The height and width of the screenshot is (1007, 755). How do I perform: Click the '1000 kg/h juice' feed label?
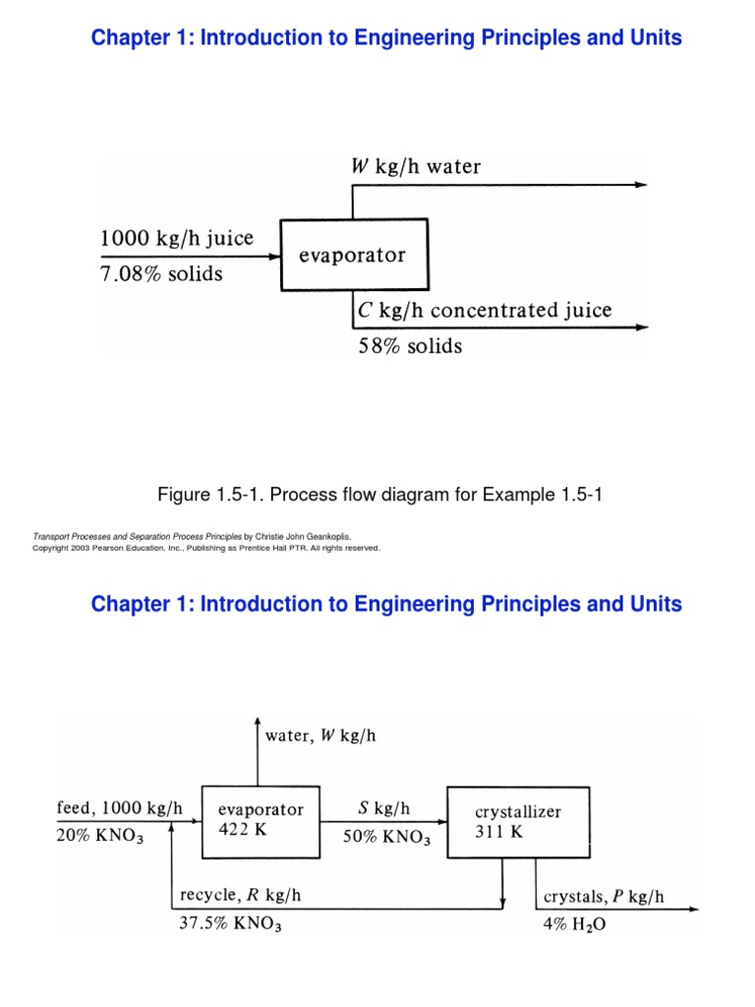tap(177, 238)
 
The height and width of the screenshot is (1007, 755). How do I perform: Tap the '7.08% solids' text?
tap(161, 274)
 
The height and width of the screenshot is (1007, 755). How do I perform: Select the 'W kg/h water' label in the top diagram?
tap(416, 166)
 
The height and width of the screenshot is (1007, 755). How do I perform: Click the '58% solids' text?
tap(408, 346)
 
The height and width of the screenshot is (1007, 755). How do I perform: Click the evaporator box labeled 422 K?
tap(261, 821)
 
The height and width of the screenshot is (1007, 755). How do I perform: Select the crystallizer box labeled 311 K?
tap(518, 821)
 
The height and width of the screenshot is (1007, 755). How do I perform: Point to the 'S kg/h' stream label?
tap(383, 808)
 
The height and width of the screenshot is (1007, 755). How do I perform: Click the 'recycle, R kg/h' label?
tap(241, 895)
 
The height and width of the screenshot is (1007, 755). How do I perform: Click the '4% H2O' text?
tap(575, 925)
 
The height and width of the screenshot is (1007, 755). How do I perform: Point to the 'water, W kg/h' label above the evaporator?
tap(320, 736)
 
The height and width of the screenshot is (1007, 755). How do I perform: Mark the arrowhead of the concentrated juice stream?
tap(641, 328)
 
